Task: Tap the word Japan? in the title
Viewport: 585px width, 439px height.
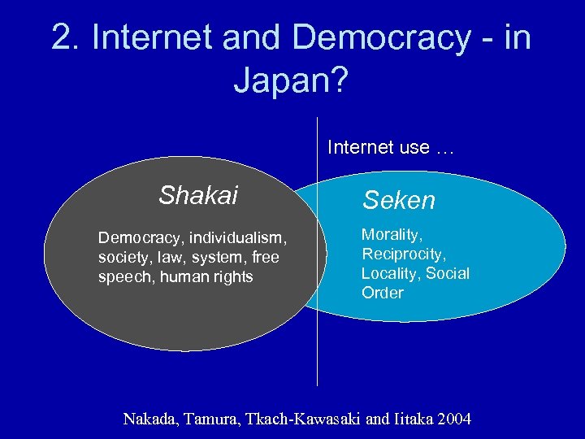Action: (x=292, y=80)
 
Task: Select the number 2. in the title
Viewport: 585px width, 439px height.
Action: (x=67, y=37)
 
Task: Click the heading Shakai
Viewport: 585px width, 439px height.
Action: (x=198, y=196)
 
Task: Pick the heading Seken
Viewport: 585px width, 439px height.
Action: (x=399, y=200)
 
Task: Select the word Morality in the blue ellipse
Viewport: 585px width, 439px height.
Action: (x=392, y=235)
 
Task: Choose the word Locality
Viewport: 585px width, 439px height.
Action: (x=391, y=273)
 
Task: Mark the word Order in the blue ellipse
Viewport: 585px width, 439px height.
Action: (x=382, y=293)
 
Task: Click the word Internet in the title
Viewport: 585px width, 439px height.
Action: (x=155, y=37)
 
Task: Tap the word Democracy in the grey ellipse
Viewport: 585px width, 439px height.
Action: (x=136, y=237)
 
